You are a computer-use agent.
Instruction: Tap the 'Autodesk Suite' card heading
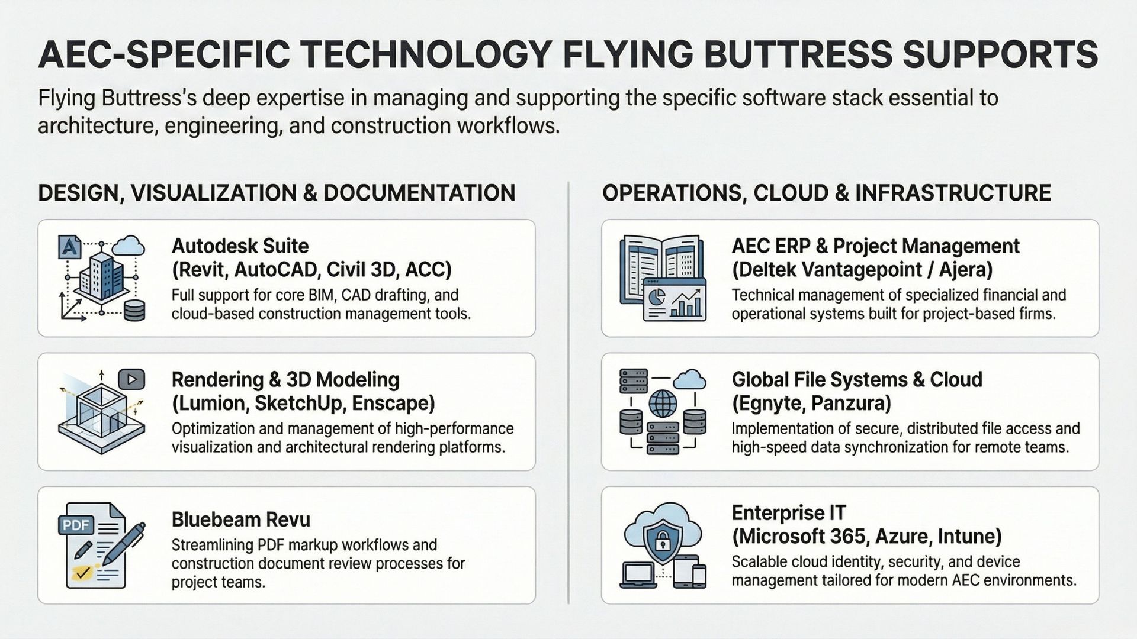click(240, 246)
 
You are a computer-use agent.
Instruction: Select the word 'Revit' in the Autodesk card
click(200, 270)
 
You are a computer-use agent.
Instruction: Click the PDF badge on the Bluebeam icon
click(76, 524)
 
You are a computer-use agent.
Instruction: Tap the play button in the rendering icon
click(131, 379)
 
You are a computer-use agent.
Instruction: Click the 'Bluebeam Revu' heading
click(240, 519)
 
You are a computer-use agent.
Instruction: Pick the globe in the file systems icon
click(663, 404)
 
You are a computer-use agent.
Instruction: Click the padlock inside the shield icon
click(661, 540)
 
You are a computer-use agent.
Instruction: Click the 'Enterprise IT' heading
click(789, 512)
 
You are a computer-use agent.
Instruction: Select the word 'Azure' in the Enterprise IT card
click(904, 537)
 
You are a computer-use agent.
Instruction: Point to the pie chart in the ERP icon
click(656, 296)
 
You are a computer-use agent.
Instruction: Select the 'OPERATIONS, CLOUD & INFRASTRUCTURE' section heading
click(826, 193)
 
